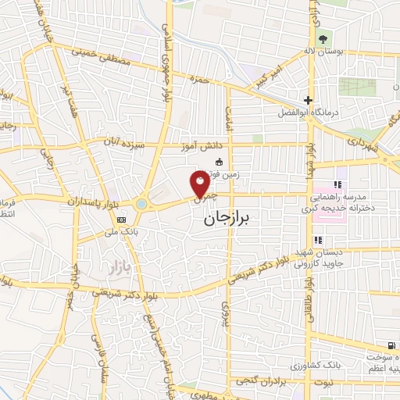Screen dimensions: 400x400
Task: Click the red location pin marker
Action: coord(200,184)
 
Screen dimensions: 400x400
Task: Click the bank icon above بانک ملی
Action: coord(120,220)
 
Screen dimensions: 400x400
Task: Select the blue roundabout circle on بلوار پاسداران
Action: coord(141,204)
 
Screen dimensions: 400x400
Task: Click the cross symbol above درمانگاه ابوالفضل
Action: coord(309,100)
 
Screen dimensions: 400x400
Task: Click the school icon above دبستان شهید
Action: coord(318,241)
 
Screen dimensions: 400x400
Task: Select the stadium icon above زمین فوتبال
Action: coord(219,162)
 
